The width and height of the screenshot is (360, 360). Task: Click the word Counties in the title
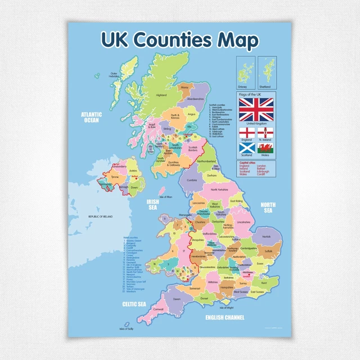tap(172, 40)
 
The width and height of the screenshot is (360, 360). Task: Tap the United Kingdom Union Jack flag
tap(256, 111)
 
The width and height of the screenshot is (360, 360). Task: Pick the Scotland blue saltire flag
tap(245, 148)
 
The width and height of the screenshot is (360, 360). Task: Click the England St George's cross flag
tap(245, 133)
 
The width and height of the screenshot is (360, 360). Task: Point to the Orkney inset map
tap(244, 71)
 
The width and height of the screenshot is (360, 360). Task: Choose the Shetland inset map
tap(265, 71)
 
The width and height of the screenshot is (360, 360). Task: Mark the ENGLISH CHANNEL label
tap(225, 318)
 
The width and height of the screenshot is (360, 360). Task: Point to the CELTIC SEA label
tap(134, 304)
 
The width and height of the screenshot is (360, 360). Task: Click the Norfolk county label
tap(266, 237)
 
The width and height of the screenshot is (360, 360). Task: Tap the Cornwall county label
tap(159, 309)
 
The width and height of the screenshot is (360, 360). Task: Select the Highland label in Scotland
tap(161, 95)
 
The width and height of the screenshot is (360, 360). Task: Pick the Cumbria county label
tap(192, 180)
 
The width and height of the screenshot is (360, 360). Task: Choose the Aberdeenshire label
tap(202, 98)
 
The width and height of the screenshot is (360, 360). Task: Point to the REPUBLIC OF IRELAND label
tap(101, 217)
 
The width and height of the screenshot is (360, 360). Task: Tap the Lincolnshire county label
tap(243, 222)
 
